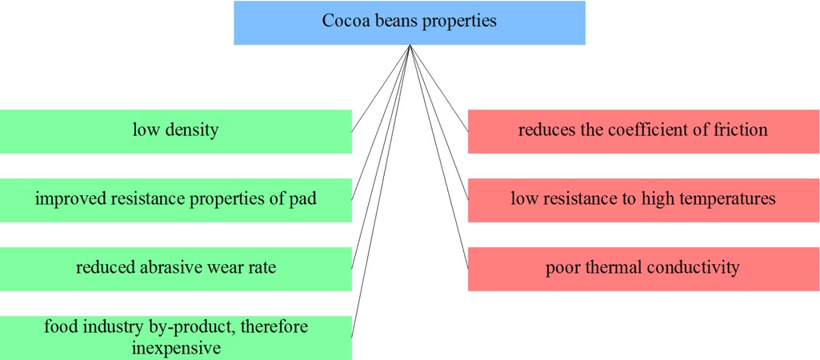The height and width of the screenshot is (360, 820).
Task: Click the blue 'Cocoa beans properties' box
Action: click(x=410, y=22)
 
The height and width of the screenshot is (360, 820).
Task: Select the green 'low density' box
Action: click(x=175, y=130)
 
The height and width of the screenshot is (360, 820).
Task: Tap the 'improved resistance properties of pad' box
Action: click(x=175, y=199)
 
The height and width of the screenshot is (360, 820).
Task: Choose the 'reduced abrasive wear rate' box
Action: click(x=175, y=268)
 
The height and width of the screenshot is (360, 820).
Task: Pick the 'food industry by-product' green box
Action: click(x=175, y=338)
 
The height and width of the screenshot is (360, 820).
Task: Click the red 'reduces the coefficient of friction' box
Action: click(x=642, y=130)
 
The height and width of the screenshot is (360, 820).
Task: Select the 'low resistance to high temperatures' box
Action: click(x=642, y=199)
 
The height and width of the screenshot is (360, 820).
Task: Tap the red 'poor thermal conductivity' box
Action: click(x=642, y=268)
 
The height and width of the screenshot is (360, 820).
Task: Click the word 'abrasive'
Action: click(x=175, y=268)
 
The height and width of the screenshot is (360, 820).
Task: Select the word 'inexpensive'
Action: click(x=176, y=348)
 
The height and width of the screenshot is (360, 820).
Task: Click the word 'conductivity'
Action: click(x=692, y=268)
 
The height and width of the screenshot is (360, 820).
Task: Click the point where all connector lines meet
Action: click(x=410, y=46)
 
